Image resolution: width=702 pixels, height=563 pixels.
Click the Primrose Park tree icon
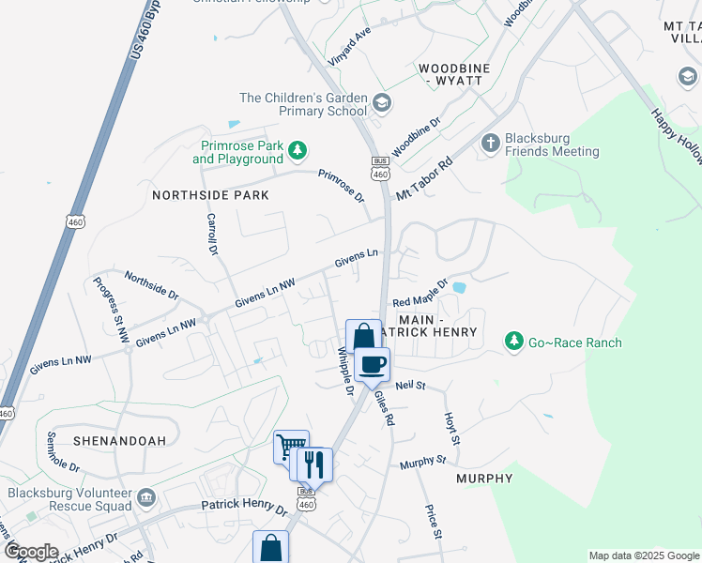coord(298,150)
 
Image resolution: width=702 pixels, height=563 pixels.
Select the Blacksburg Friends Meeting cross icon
coord(490,144)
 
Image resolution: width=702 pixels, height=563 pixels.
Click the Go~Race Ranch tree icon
coord(513,342)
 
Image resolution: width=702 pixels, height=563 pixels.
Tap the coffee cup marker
coord(373,364)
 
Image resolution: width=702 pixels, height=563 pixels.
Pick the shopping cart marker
coord(290,446)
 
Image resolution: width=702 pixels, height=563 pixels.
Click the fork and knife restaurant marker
coord(314,464)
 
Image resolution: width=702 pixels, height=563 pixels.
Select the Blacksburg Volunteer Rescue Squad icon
coord(145,496)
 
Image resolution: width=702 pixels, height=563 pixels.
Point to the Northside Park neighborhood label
coord(211,195)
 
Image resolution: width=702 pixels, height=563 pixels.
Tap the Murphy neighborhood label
coord(484,479)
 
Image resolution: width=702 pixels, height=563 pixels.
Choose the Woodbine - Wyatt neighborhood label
coord(450,75)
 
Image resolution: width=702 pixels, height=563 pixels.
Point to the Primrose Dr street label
coord(341,186)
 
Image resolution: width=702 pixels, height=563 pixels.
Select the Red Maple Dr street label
coord(420,295)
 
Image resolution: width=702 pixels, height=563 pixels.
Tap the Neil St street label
coord(411,386)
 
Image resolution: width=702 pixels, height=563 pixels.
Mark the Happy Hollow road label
coord(677,136)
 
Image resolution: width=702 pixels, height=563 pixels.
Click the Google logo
coord(31,552)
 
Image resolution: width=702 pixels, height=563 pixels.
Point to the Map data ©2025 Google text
coord(643,555)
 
